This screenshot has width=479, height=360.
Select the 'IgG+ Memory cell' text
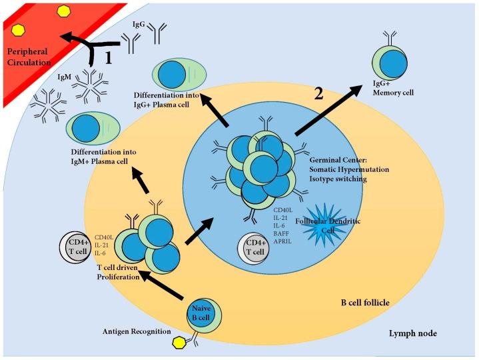[x=396, y=89]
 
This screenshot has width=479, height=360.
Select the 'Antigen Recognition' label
[x=136, y=331]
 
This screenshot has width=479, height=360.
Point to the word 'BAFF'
[x=282, y=234]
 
